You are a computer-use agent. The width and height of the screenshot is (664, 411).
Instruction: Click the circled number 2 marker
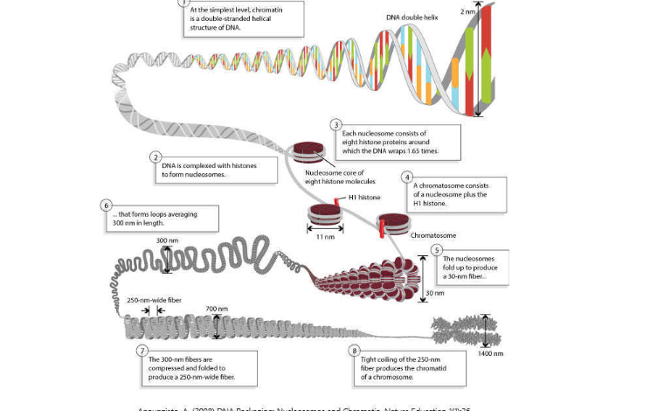click(x=156, y=157)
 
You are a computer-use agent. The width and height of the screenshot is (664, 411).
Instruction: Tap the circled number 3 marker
click(x=336, y=125)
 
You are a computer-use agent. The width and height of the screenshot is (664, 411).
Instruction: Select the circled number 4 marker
click(x=407, y=177)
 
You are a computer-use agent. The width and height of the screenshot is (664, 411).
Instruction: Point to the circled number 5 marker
click(x=437, y=249)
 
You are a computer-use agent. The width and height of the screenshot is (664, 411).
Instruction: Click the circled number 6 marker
click(x=107, y=205)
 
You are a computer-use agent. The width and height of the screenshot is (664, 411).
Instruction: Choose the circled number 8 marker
click(x=354, y=351)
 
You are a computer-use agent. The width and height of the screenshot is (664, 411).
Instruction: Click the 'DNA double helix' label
click(x=415, y=17)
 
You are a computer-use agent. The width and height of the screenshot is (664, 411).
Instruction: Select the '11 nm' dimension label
click(x=325, y=237)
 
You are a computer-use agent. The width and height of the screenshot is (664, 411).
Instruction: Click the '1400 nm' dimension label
click(x=490, y=354)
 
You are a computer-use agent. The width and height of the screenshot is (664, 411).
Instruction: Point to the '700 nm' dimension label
click(x=217, y=309)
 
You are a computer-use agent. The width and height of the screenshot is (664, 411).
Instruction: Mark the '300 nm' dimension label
click(x=167, y=240)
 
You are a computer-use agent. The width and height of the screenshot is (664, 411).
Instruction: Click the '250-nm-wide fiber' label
click(x=155, y=300)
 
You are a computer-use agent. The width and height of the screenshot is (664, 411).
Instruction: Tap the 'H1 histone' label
click(x=364, y=198)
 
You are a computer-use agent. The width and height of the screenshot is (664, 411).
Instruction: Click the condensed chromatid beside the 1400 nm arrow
click(x=463, y=331)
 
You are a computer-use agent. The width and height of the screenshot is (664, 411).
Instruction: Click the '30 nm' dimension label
click(x=434, y=293)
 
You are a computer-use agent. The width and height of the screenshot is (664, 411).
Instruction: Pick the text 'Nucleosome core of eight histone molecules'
click(x=340, y=178)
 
